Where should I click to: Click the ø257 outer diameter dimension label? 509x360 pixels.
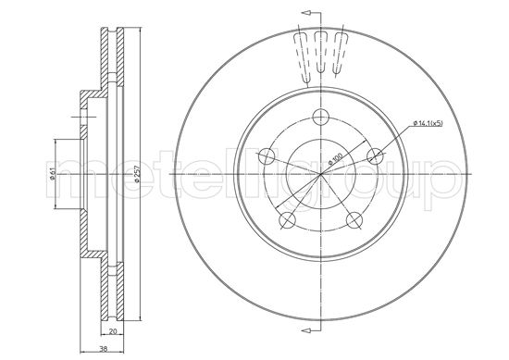(x=137, y=176)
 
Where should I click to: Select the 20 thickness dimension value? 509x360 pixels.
(x=113, y=331)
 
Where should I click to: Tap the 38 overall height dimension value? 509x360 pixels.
(x=104, y=349)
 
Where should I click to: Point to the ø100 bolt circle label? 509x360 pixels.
(x=336, y=159)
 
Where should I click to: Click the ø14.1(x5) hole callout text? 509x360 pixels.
(x=428, y=123)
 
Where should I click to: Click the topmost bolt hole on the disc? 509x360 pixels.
(x=321, y=117)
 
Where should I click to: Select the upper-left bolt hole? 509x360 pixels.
(x=267, y=156)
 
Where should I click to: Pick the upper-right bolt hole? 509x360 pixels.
(x=375, y=156)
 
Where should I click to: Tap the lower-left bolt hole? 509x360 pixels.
(x=287, y=220)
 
